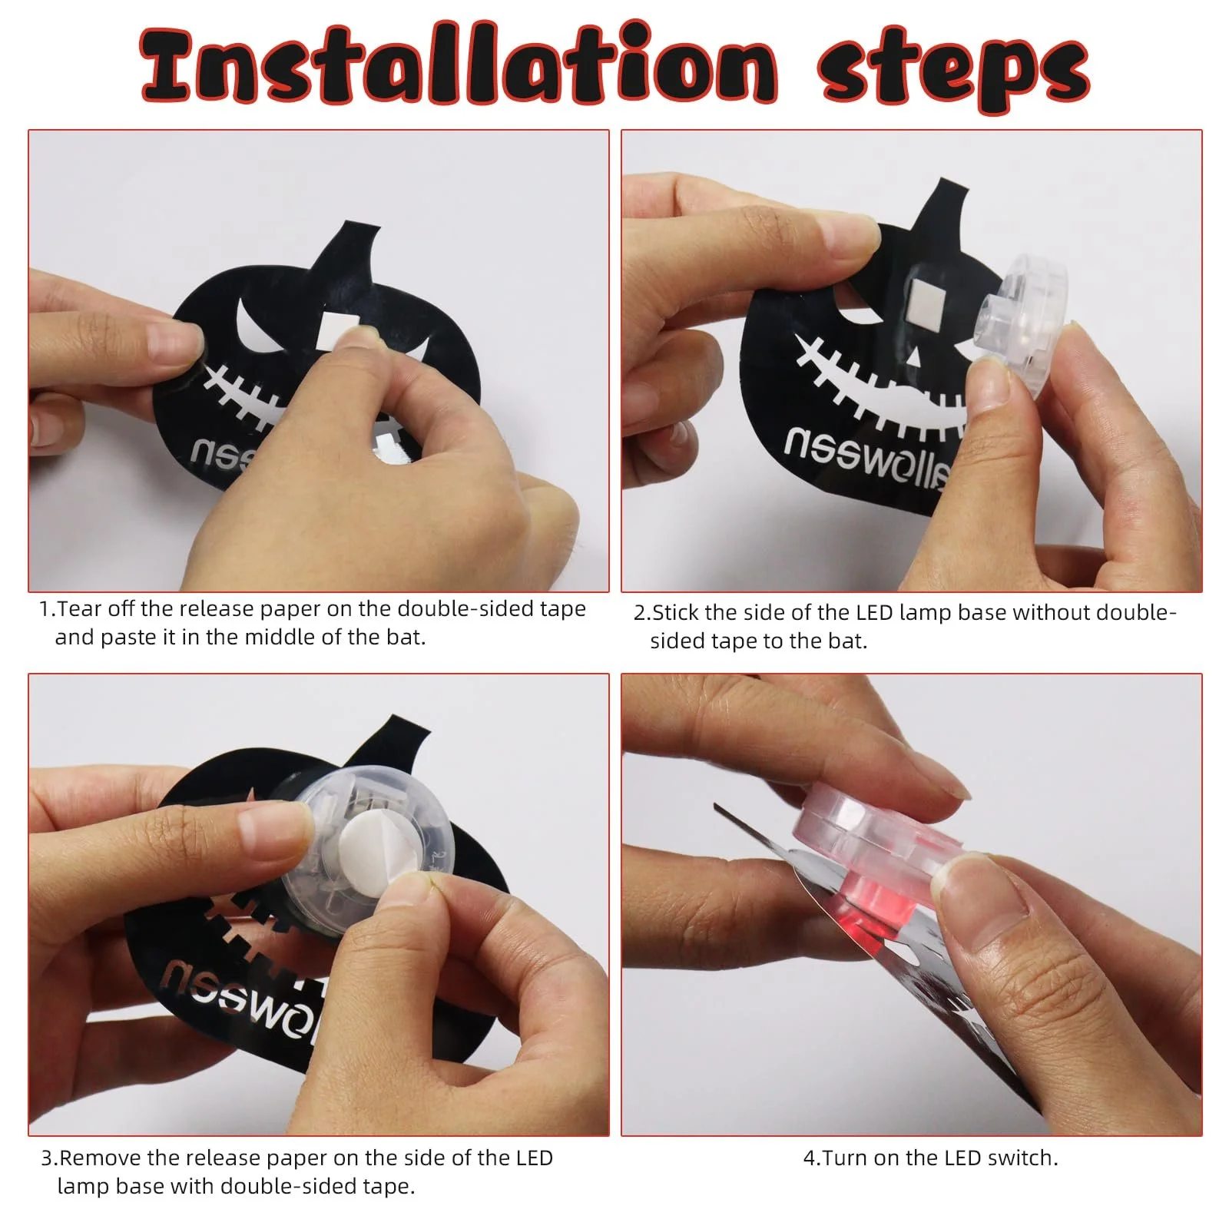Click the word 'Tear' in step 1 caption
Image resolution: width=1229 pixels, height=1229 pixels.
click(80, 609)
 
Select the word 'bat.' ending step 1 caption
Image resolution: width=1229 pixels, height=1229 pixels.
click(405, 638)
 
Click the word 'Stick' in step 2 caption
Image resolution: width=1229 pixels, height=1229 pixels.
click(675, 613)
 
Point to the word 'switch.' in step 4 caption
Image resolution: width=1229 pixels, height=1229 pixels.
click(1023, 1158)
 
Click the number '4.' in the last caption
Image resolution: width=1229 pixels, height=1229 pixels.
click(812, 1158)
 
